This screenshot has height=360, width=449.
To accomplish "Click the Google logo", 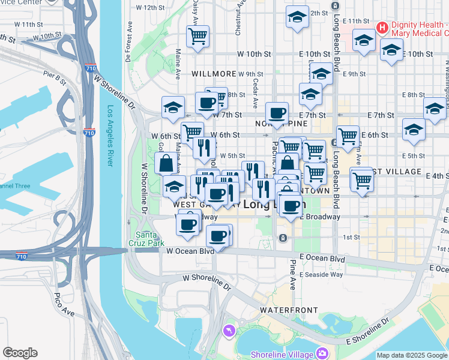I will click(20, 353).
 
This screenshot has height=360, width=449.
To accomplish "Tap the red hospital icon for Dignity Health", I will click(382, 28).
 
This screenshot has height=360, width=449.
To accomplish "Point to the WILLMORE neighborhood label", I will click(214, 74).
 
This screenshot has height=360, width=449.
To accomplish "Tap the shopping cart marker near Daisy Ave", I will click(197, 36).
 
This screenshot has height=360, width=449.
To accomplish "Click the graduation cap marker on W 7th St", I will click(173, 107).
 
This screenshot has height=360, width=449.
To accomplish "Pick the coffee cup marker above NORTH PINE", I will click(277, 113).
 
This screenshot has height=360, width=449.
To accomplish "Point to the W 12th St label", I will click(150, 8).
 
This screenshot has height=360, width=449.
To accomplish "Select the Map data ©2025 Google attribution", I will click(412, 355).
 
